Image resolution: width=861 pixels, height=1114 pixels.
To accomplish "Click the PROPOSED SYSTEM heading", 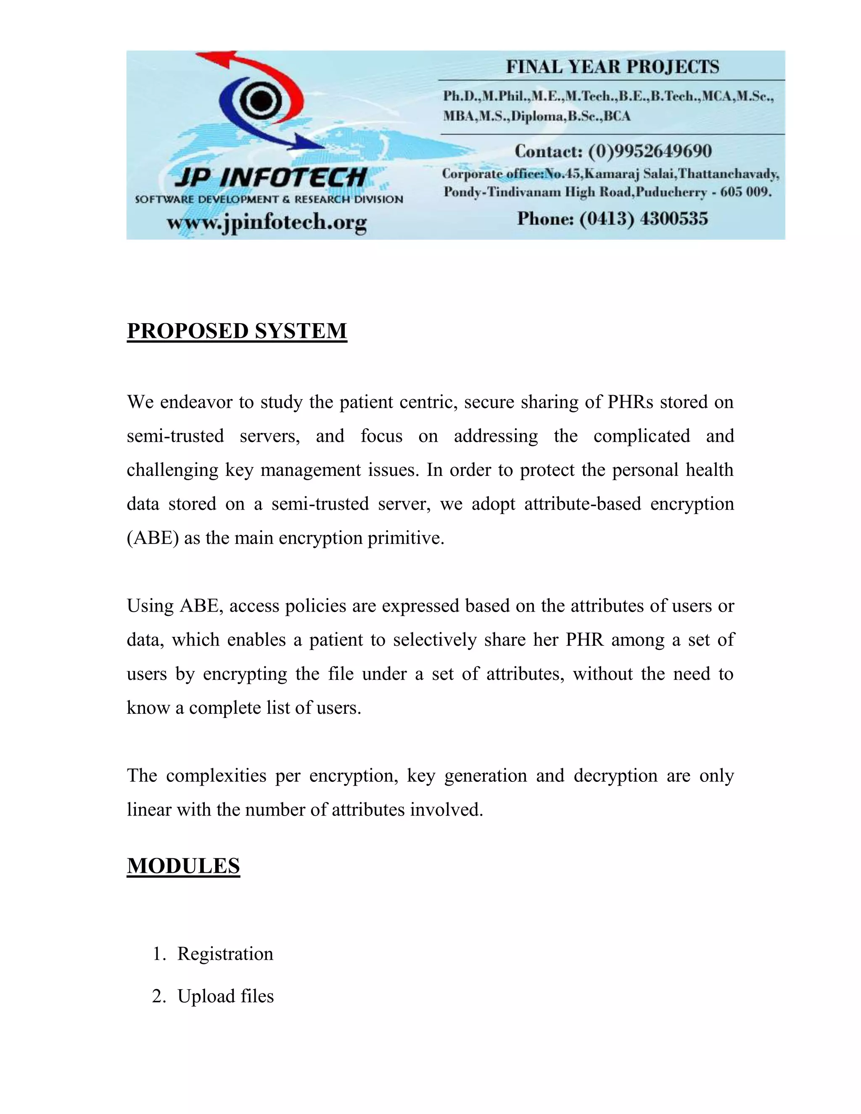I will click(x=237, y=331).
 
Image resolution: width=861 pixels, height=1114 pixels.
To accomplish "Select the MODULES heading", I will click(x=183, y=866).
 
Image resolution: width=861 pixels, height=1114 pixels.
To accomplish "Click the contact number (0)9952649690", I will click(x=650, y=151).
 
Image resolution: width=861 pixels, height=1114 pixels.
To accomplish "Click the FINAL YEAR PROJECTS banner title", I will click(x=612, y=67).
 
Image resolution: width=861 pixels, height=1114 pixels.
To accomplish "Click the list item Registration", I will click(x=225, y=954).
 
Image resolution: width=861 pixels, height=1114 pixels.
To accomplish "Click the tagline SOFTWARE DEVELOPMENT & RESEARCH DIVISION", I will click(x=269, y=199).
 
